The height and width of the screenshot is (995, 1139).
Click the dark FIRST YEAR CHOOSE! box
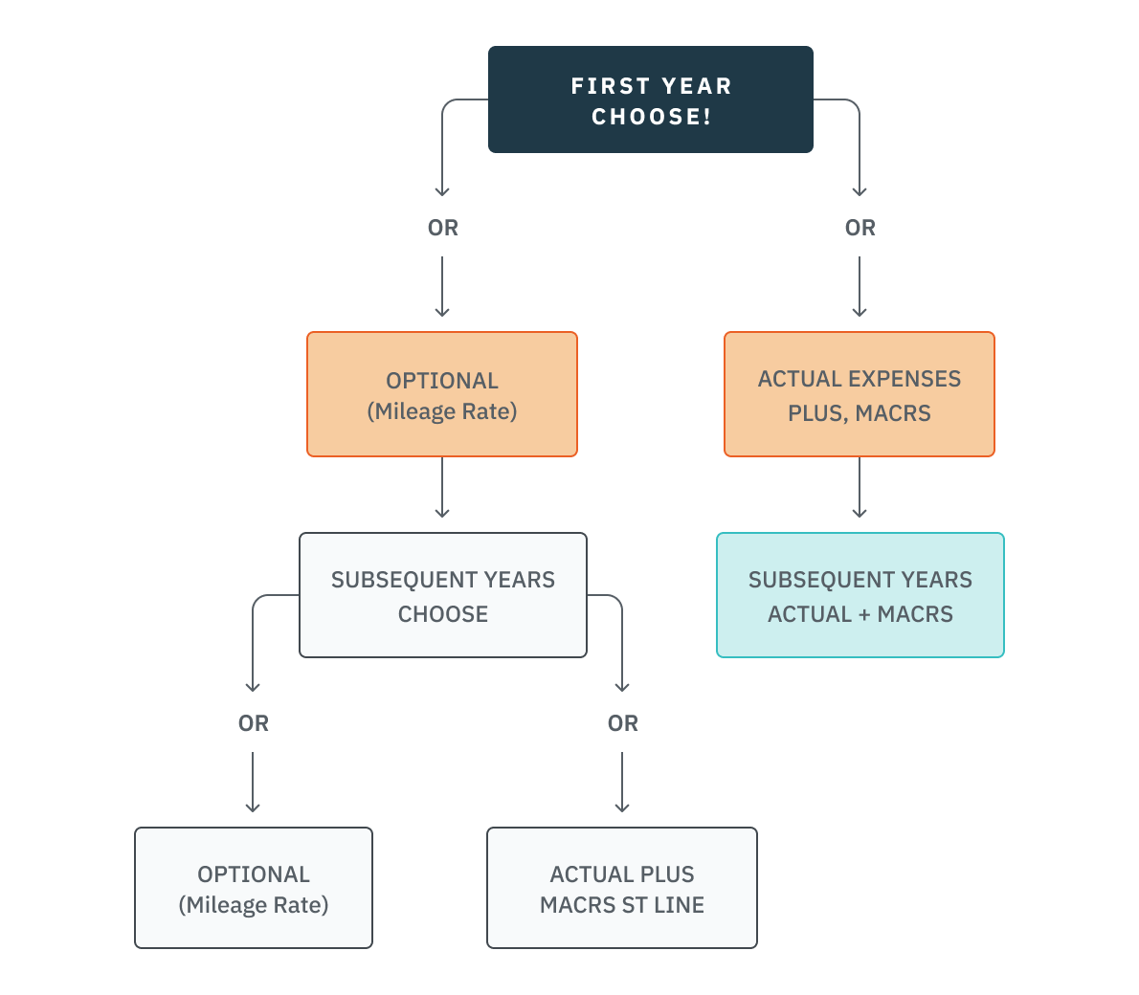(650, 99)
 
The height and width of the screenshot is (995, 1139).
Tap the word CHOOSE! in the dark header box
(651, 117)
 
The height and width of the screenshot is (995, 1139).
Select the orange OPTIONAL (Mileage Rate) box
(441, 394)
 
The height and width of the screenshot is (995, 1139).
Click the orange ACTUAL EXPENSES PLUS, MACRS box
(859, 394)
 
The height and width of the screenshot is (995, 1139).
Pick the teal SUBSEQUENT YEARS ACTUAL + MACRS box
(860, 595)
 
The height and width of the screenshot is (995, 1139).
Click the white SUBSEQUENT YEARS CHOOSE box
(442, 595)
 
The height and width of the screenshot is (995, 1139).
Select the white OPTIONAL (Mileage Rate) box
(253, 888)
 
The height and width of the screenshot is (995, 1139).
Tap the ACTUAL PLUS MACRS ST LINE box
(621, 888)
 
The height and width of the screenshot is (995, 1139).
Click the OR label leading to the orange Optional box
(442, 228)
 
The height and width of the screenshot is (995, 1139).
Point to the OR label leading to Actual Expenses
(860, 228)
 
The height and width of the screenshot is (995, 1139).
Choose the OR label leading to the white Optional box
(253, 723)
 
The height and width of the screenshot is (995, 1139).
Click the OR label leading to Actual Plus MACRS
(622, 723)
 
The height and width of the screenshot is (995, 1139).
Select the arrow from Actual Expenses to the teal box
(860, 488)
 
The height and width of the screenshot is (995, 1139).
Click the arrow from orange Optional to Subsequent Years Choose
(442, 488)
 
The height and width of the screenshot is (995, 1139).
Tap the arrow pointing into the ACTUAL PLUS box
(622, 783)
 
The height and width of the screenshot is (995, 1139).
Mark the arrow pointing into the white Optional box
(253, 783)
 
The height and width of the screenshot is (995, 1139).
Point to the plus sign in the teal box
(863, 614)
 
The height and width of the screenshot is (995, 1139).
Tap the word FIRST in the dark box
(611, 86)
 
